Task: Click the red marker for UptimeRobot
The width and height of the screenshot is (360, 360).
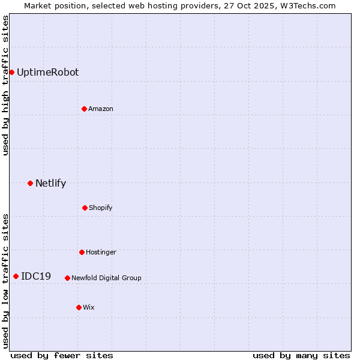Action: pyautogui.click(x=11, y=73)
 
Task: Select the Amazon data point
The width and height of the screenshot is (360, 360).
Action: pyautogui.click(x=84, y=109)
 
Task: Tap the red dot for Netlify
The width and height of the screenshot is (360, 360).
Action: pyautogui.click(x=30, y=183)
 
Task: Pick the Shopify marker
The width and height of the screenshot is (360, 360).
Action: pyautogui.click(x=85, y=208)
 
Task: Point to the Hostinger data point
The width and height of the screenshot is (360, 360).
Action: pyautogui.click(x=82, y=252)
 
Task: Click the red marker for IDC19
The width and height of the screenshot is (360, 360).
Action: pyautogui.click(x=16, y=276)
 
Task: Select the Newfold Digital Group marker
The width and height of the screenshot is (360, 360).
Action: pyautogui.click(x=67, y=278)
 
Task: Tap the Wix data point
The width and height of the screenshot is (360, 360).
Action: pyautogui.click(x=79, y=307)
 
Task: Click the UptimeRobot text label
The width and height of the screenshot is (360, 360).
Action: pyautogui.click(x=47, y=73)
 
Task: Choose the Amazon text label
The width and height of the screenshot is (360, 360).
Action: pyautogui.click(x=101, y=109)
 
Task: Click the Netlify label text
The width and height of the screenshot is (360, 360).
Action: pyautogui.click(x=50, y=183)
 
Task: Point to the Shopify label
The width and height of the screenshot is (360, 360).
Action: pyautogui.click(x=101, y=208)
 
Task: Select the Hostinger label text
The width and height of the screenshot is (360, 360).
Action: pyautogui.click(x=101, y=252)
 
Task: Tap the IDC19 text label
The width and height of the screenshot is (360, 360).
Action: pyautogui.click(x=36, y=276)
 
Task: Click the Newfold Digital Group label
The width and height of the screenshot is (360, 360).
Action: pyautogui.click(x=106, y=278)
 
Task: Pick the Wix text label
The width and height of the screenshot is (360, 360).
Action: pyautogui.click(x=89, y=307)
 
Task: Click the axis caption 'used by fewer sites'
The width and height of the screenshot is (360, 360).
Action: pyautogui.click(x=62, y=355)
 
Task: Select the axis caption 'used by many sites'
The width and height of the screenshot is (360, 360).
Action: pyautogui.click(x=301, y=355)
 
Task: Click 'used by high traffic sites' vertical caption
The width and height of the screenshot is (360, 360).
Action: pyautogui.click(x=5, y=85)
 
